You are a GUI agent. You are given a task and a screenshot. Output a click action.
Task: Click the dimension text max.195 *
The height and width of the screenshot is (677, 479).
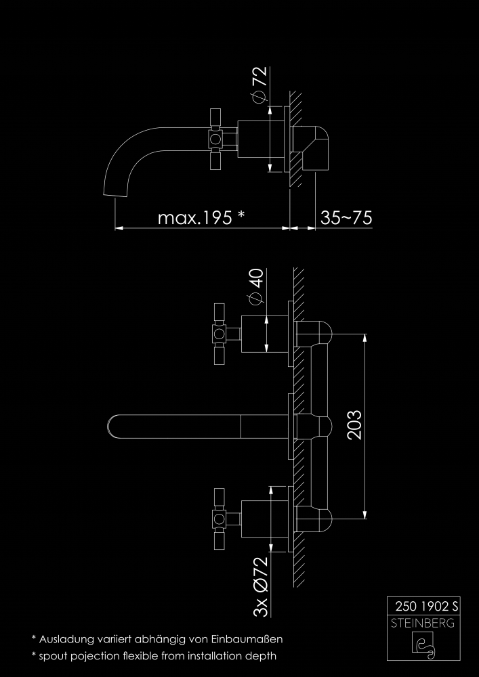201,217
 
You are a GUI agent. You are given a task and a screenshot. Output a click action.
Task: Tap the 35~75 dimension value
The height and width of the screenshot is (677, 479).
346,217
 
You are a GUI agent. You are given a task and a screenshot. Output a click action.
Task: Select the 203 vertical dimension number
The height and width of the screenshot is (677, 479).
354,425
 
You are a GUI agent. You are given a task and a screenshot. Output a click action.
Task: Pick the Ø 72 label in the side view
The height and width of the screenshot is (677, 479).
260,85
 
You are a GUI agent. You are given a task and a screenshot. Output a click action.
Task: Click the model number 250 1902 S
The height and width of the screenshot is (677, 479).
426,607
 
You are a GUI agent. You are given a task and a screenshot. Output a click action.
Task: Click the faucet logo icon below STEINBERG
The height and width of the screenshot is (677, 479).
423,646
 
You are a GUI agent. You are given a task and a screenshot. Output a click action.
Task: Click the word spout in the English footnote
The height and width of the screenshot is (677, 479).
52,656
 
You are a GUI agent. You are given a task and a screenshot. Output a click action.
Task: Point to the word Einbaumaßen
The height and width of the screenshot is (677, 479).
247,638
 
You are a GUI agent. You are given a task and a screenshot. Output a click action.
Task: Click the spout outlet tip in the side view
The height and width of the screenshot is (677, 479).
116,195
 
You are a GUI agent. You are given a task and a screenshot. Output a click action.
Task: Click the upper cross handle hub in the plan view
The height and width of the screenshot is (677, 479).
219,334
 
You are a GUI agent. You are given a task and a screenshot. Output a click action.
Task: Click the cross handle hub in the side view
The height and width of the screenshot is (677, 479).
215,139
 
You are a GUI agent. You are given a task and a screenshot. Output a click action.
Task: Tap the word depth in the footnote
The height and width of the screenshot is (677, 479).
262,656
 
